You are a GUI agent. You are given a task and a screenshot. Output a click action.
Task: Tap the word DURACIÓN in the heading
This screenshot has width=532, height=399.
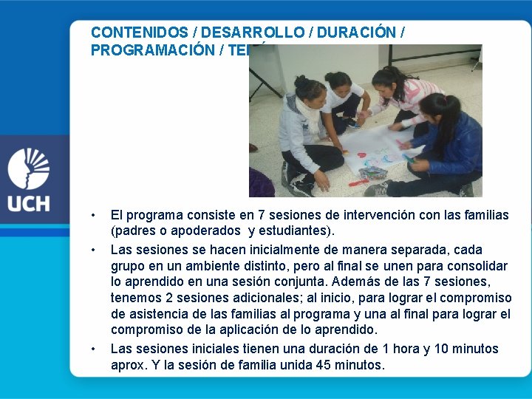click(355, 33)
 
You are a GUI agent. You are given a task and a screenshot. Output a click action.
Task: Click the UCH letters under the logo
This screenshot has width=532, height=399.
click(29, 202)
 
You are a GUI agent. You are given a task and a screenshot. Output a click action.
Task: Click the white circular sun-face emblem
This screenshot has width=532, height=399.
click(29, 168)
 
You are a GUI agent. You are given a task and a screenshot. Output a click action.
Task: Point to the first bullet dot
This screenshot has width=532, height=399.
click(93, 216)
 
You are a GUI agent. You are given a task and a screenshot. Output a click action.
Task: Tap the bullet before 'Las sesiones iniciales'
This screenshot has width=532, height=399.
click(93, 349)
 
